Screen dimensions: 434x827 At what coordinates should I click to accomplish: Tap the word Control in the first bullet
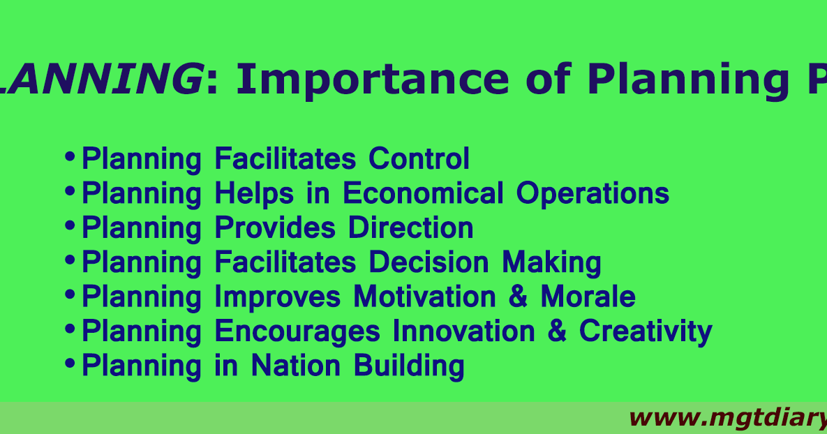coord(419,158)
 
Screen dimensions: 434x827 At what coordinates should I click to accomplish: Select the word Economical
coord(423,193)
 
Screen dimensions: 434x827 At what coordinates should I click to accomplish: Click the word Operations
coord(593,193)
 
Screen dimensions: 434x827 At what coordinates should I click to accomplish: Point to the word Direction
coord(410,228)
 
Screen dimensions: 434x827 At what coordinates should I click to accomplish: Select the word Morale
coord(588,297)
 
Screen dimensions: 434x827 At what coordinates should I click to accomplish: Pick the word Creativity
coord(646,331)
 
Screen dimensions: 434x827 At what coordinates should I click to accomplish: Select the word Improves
coord(278,297)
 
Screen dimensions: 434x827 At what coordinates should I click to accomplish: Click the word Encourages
coord(297,331)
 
